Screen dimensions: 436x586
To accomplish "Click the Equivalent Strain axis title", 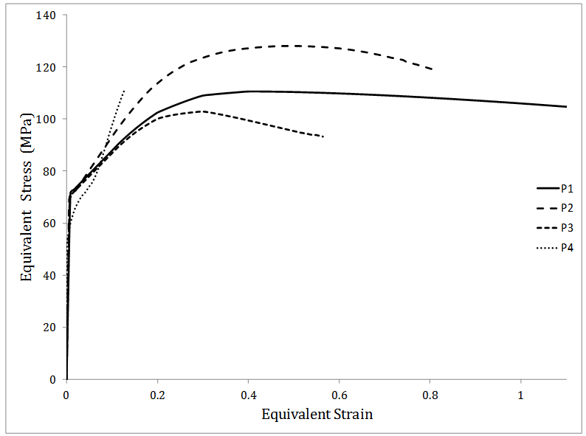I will point(317,414).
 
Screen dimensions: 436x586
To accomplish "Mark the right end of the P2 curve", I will point(432,69).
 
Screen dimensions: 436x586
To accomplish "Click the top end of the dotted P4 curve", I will point(124,90).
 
